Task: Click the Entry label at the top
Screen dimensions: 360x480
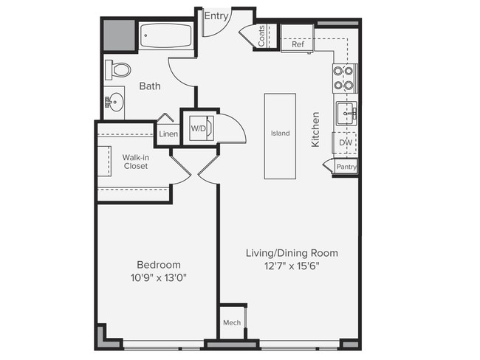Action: [216, 15]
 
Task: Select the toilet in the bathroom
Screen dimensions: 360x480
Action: [118, 70]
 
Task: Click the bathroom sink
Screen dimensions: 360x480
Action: [113, 102]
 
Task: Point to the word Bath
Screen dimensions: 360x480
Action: [150, 86]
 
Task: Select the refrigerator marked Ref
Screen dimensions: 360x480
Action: [298, 44]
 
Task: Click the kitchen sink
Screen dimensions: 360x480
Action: [346, 114]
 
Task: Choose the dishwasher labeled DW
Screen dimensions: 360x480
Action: [345, 143]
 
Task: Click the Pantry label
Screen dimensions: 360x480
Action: [346, 167]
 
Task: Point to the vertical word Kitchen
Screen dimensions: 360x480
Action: [315, 130]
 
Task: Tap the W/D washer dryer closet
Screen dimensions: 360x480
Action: [199, 129]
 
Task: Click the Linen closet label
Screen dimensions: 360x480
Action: [168, 134]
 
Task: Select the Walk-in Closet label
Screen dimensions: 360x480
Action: [135, 162]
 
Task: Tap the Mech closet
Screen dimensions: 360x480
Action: [232, 323]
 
